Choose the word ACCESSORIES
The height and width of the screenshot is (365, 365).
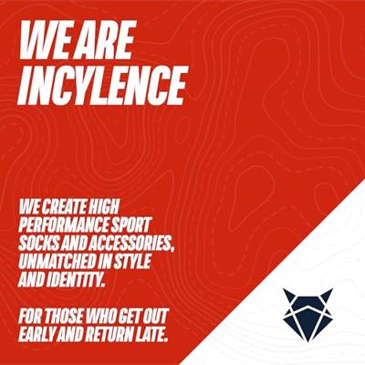click(x=139, y=238)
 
